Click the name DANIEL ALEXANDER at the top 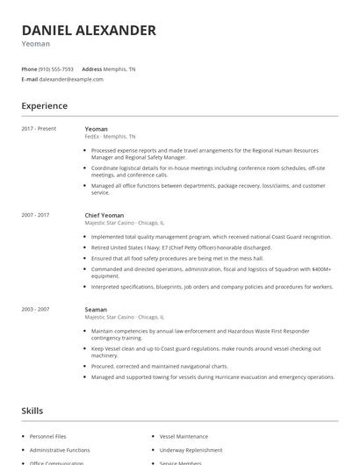pos(89,31)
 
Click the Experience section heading pos(44,106)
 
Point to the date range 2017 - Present pos(39,129)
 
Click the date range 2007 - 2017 pos(35,215)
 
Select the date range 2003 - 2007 pos(35,310)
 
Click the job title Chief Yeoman pos(104,215)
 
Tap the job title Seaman pos(96,310)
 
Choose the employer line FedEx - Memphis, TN pos(110,137)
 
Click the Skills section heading pos(33,411)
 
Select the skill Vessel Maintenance pos(184,436)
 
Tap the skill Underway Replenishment pos(190,449)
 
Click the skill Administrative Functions pos(59,449)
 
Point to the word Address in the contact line pos(92,69)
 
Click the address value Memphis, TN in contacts pos(120,69)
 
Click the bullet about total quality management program pos(211,237)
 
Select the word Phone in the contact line pos(29,69)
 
